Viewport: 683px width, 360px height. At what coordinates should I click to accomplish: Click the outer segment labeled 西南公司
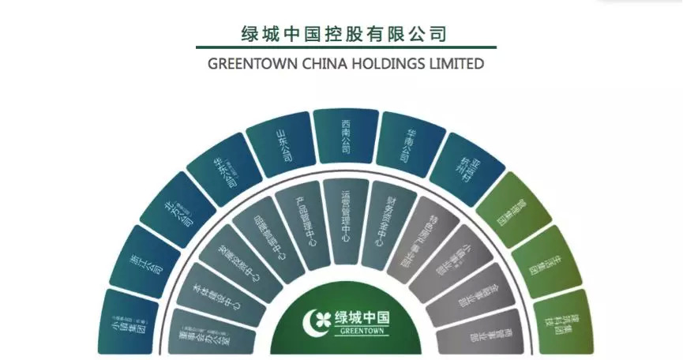click(x=345, y=136)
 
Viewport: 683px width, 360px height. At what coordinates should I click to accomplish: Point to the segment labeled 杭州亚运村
click(x=465, y=166)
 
